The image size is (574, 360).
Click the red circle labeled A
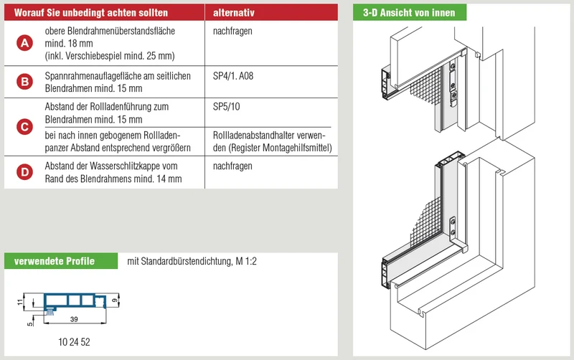point(24,43)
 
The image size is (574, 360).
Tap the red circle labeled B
point(24,81)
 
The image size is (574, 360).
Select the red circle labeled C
point(24,127)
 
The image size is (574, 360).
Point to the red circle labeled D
point(24,172)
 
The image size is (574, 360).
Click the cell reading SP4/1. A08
point(233,76)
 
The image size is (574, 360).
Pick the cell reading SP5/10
point(226,106)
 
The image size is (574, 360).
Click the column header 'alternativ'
point(234,13)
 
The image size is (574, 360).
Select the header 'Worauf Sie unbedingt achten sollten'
point(91,13)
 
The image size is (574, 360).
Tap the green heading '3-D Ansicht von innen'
point(409,13)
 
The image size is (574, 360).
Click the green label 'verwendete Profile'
point(55,261)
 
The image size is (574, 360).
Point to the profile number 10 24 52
point(74,341)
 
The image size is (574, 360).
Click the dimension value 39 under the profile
point(74,319)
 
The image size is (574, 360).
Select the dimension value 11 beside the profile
point(20,302)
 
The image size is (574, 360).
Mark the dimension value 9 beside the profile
point(115,300)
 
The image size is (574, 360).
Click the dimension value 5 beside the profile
point(30,323)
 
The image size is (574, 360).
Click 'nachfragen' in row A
point(232,31)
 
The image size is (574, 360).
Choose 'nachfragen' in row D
point(232,166)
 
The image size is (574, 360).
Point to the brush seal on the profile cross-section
point(50,312)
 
